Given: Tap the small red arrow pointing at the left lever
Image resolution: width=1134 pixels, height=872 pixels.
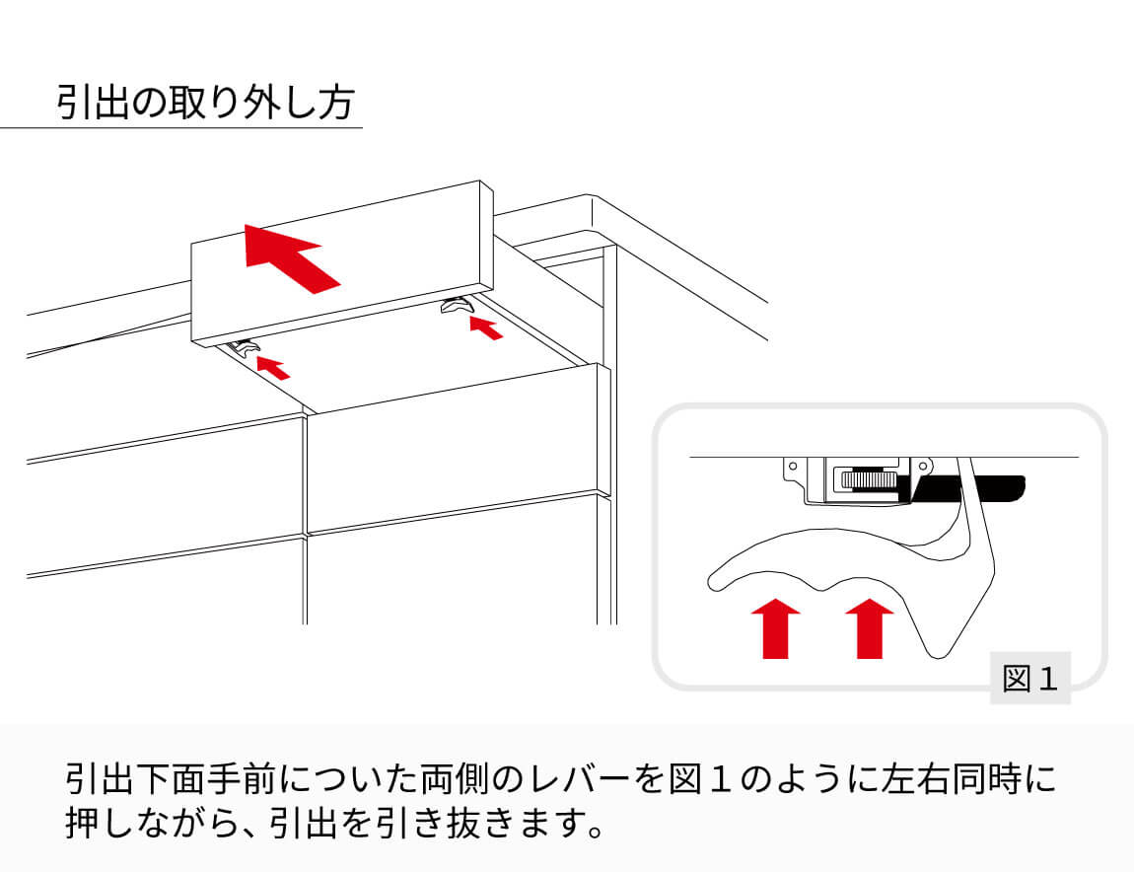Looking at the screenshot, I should tap(273, 367).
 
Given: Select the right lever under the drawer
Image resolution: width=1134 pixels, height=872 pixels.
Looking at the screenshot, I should tap(457, 307).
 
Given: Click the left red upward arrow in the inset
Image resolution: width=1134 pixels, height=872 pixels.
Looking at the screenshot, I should tap(775, 627).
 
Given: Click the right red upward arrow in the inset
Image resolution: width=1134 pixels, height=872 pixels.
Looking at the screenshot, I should tap(869, 627).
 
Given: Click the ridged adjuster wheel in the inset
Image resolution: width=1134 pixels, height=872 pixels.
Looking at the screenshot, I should tap(867, 480).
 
